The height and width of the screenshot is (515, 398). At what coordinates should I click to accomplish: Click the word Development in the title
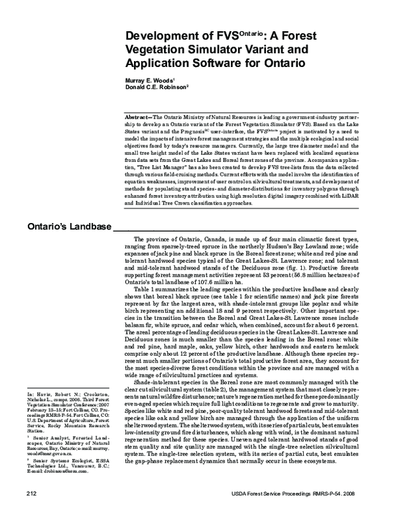[161, 38]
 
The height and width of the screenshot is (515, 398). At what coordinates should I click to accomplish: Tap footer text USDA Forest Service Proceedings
[269, 493]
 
